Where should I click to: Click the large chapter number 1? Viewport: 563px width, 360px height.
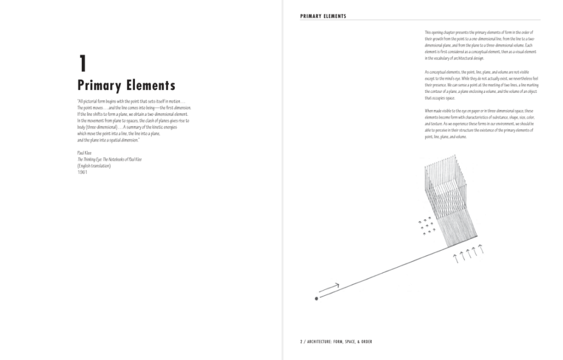82,64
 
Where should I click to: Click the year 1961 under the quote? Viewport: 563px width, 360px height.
82,172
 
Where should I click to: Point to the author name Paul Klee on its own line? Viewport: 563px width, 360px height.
84,153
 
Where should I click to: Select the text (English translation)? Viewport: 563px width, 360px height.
94,166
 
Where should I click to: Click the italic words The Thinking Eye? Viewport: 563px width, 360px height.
92,159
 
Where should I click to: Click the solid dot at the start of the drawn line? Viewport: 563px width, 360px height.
316,298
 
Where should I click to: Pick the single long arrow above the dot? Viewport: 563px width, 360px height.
329,287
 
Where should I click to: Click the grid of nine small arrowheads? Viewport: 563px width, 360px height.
427,225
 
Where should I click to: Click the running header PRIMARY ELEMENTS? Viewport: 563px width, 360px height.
323,16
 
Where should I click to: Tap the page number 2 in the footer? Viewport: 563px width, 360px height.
301,342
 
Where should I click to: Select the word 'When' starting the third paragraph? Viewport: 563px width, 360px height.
429,111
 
